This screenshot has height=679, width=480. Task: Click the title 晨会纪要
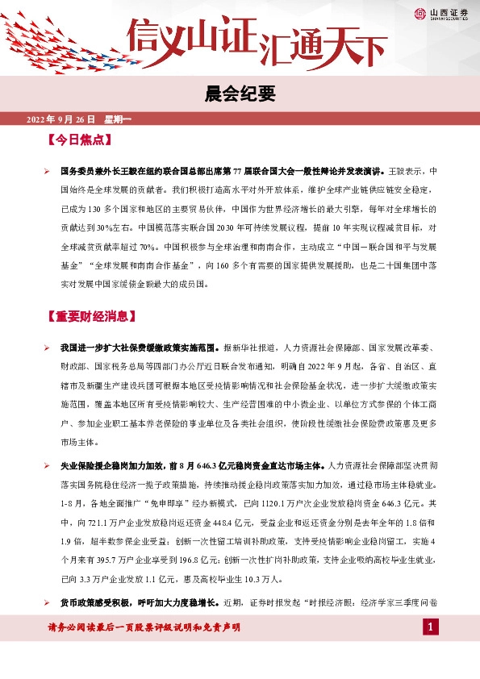tap(240, 94)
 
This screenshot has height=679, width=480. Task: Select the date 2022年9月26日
tap(61, 119)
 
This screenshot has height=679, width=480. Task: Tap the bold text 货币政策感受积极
tap(94, 602)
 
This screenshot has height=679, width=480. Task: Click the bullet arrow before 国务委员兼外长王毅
tap(48, 172)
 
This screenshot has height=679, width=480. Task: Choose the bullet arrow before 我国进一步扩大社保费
tap(48, 348)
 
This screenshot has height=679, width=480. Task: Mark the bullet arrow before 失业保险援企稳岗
tap(48, 465)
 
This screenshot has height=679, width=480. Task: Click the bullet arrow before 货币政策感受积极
tap(48, 602)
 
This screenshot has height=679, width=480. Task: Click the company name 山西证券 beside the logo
tap(448, 12)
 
